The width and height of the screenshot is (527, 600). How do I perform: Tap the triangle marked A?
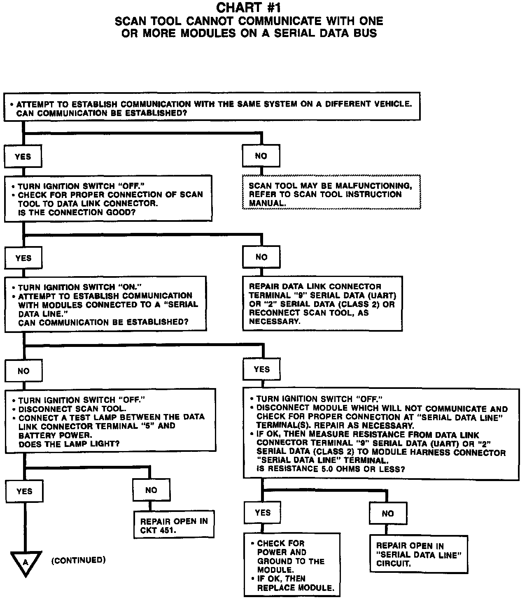tap(25, 562)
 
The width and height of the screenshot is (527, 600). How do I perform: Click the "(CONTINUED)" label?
tap(78, 560)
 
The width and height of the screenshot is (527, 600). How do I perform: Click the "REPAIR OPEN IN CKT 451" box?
tap(174, 525)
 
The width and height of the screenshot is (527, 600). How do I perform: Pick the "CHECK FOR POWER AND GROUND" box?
tap(292, 565)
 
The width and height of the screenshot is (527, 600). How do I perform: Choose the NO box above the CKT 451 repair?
tap(151, 490)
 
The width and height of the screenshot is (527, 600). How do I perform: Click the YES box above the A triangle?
tap(24, 491)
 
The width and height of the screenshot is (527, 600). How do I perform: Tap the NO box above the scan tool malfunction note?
tap(261, 156)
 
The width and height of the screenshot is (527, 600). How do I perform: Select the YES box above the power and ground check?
tap(263, 513)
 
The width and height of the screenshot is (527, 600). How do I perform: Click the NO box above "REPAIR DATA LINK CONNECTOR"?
tap(261, 257)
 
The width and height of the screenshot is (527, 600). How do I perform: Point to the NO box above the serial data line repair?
tap(388, 514)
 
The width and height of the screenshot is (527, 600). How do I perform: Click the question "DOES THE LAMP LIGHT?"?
tap(69, 444)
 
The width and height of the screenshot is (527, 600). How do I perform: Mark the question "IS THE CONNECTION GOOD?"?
tap(77, 212)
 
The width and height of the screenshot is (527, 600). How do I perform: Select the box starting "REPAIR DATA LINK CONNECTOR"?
tap(322, 304)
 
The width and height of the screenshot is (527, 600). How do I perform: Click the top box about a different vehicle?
tap(212, 106)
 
